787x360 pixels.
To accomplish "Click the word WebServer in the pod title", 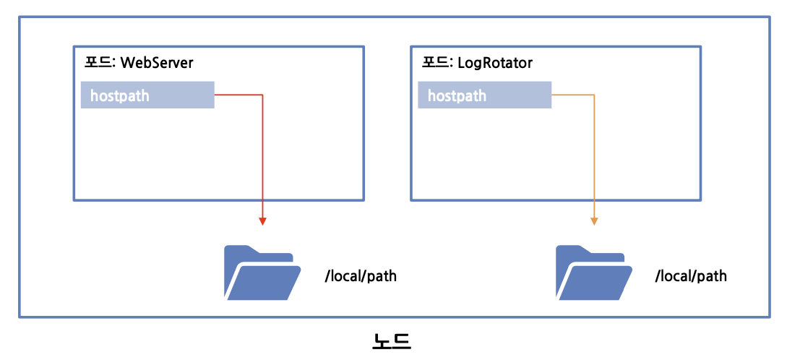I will tap(157, 63).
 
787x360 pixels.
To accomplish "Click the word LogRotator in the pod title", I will tap(495, 63).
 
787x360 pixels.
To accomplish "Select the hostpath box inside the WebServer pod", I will tap(147, 95).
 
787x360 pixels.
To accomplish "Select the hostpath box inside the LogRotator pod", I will tap(485, 95).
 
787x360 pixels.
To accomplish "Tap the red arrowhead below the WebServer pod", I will tap(262, 220).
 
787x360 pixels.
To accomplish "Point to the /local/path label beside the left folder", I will tap(361, 276).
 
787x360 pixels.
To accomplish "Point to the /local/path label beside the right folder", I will tap(691, 276).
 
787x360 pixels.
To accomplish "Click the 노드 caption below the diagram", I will tap(392, 340).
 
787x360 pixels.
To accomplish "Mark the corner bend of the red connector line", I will tap(262, 95).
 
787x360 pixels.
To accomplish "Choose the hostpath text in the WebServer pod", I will tap(120, 95).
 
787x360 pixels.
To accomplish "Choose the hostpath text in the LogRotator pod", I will tap(457, 95).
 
